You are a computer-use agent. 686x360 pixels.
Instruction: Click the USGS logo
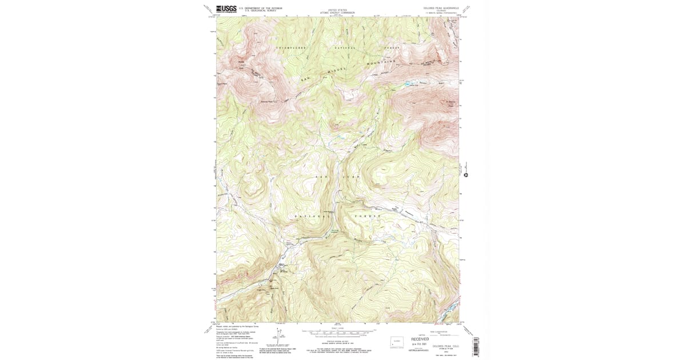pos(226,9)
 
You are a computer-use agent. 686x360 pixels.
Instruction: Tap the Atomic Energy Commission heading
pos(337,13)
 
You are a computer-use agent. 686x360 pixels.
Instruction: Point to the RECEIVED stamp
pos(420,339)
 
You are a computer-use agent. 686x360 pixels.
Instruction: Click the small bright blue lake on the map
pos(408,84)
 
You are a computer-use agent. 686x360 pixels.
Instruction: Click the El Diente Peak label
pos(450,104)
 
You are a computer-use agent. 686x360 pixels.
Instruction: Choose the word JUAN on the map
pos(350,177)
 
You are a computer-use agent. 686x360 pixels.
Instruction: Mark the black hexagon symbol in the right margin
pos(466,175)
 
